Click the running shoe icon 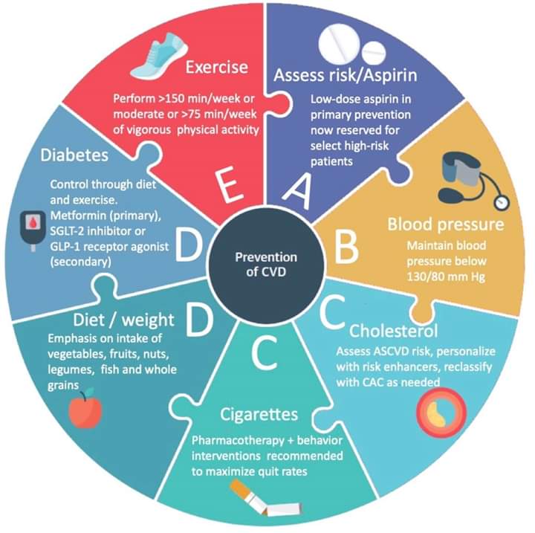tap(159, 56)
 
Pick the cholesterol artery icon tap(441, 413)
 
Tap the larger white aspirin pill tap(339, 45)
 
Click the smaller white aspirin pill tap(374, 54)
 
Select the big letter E tap(230, 186)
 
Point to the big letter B tap(346, 247)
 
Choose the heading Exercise tap(217, 67)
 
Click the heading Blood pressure tap(446, 224)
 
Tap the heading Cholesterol tap(393, 331)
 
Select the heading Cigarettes tap(259, 414)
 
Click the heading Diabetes tap(74, 155)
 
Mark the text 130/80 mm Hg tap(446, 277)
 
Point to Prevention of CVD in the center tap(266, 265)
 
